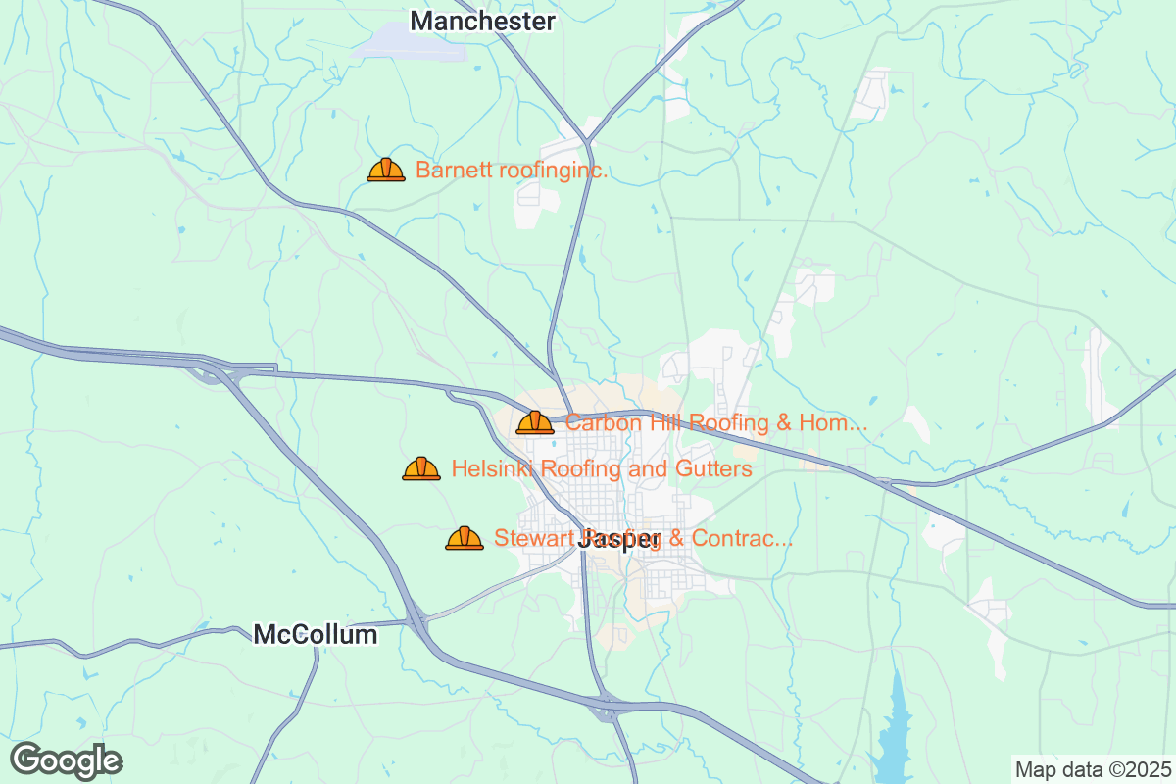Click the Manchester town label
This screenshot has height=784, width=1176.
point(482,21)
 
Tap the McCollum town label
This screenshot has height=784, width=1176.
point(315,635)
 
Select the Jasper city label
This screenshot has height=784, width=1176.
point(619,539)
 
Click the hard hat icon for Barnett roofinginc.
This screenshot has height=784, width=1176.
point(386,170)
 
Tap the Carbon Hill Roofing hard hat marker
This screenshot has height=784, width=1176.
point(535,422)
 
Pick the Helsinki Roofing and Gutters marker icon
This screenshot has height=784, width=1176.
point(421,468)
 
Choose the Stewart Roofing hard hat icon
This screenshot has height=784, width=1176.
point(465,537)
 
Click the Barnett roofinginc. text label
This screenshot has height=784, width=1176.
point(512,171)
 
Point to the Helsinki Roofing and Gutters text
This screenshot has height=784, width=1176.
point(601,469)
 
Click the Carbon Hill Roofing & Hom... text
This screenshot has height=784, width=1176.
point(716,423)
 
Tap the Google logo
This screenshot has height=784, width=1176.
point(66,759)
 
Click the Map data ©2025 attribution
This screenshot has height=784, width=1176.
point(1091,768)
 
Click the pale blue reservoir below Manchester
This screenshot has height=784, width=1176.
point(412,44)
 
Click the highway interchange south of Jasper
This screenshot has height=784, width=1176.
point(610,706)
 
